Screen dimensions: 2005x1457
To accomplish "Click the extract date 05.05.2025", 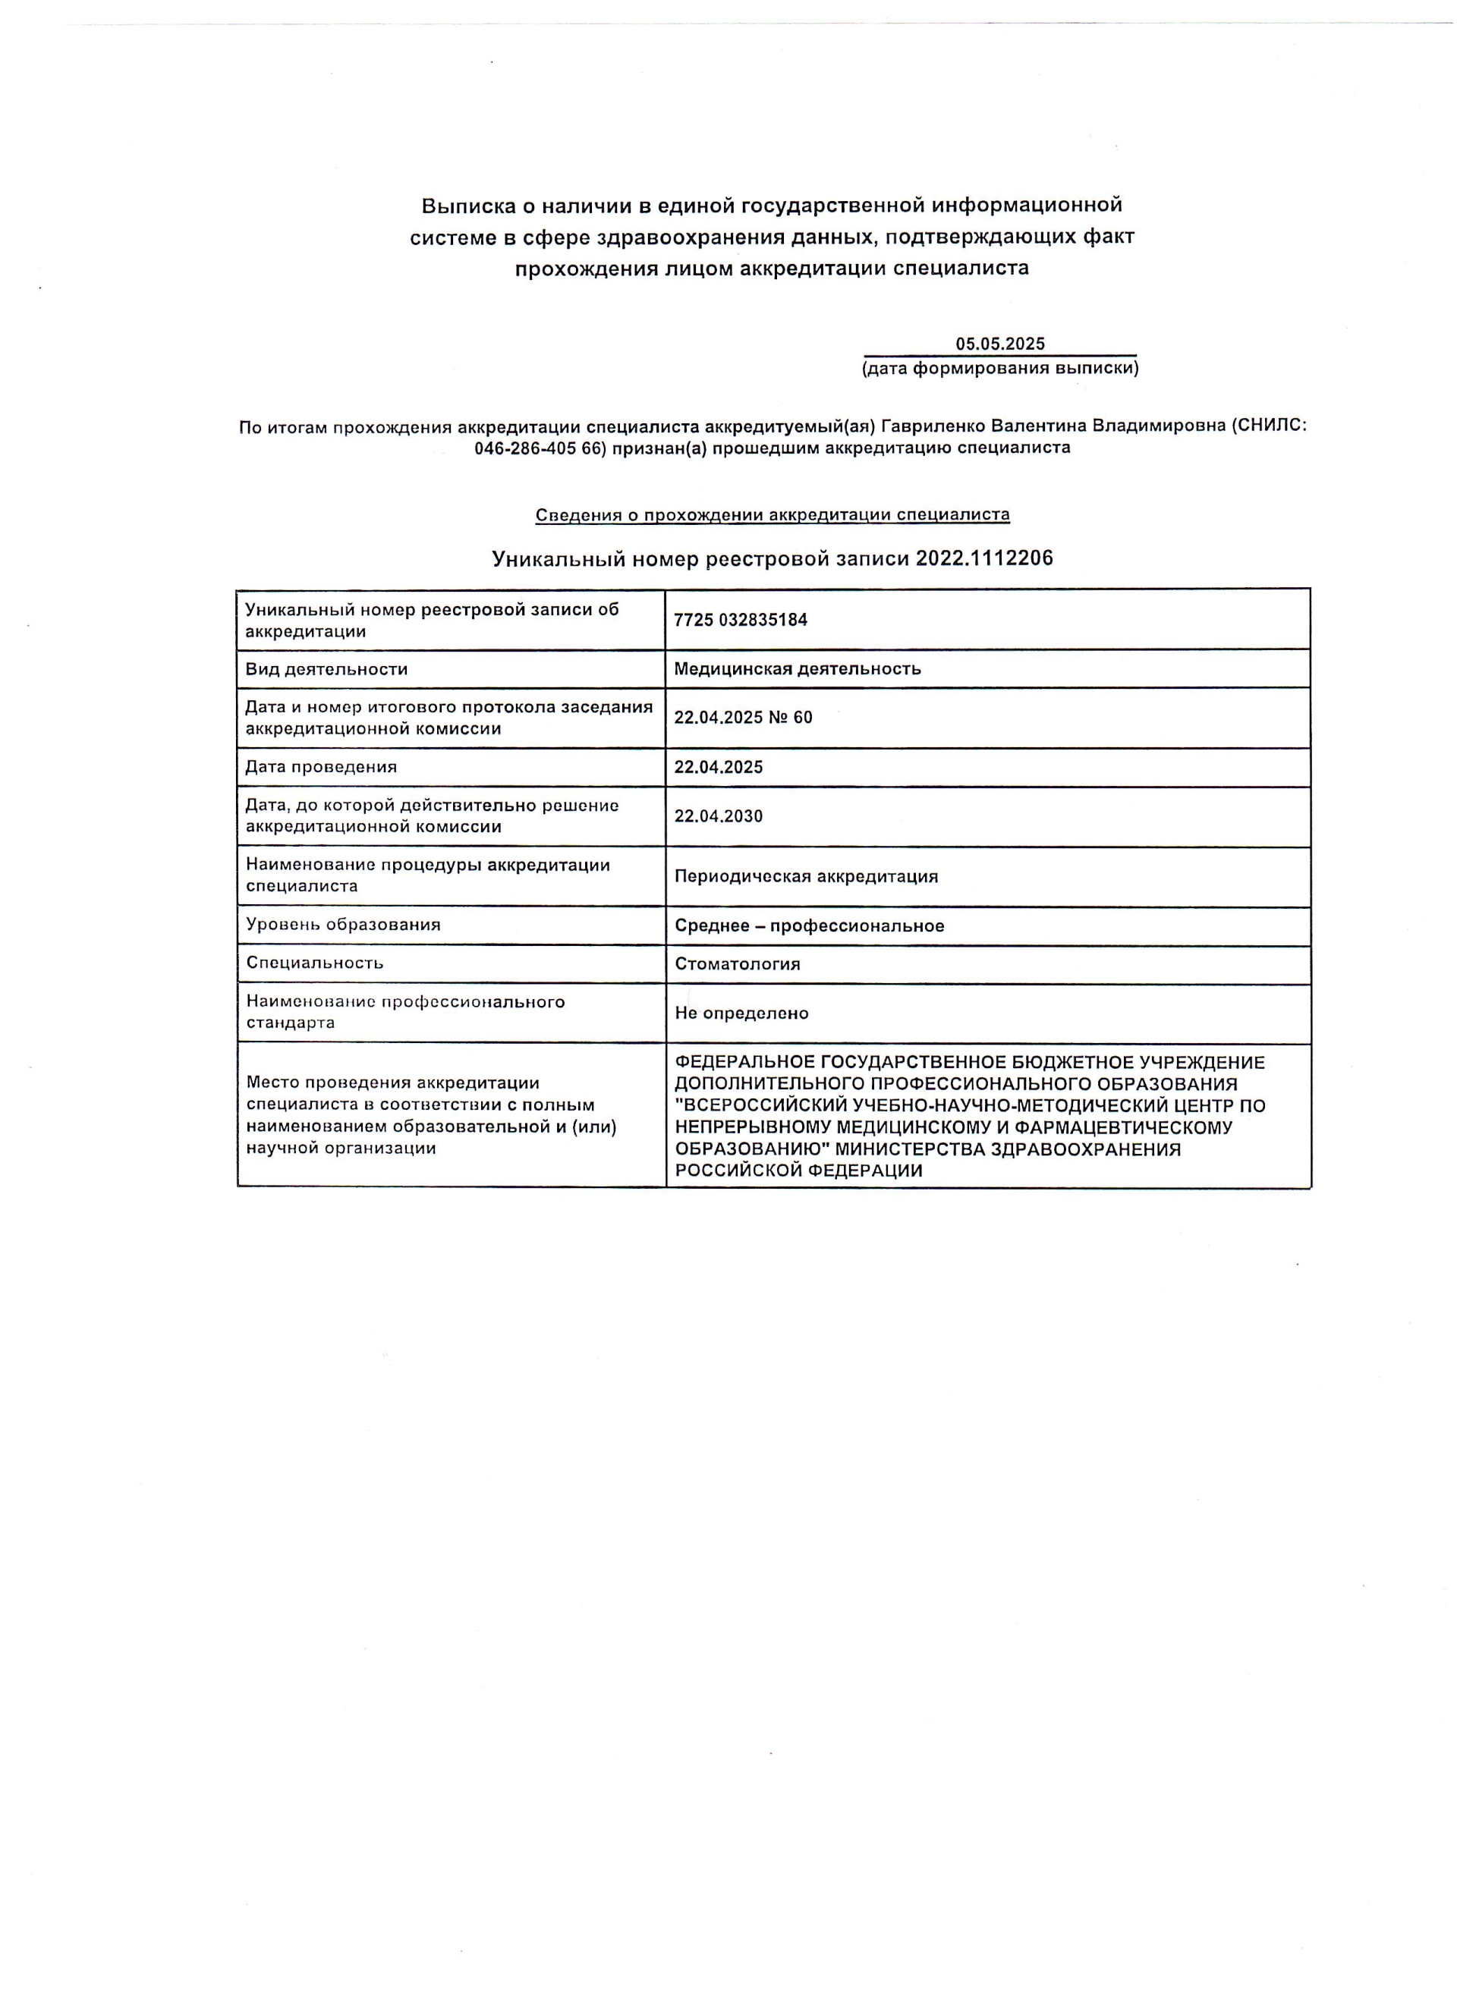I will pos(999,344).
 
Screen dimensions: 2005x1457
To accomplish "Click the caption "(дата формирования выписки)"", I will pos(1000,368).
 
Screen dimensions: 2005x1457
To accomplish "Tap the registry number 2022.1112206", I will pos(984,558).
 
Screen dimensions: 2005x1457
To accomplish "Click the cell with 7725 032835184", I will pos(740,620).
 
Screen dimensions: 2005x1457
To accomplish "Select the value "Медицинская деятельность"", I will pos(797,668).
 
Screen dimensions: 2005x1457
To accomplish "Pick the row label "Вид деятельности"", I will pos(326,669).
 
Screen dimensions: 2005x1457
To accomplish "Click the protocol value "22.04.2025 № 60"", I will pos(743,717).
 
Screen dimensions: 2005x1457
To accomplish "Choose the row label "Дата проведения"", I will pos(321,766).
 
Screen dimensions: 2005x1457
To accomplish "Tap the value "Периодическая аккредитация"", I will pos(805,876).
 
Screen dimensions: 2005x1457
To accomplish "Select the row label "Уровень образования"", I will pos(343,925).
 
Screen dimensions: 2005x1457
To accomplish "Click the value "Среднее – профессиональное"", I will pos(809,926).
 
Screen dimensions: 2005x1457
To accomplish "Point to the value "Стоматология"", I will pos(738,963).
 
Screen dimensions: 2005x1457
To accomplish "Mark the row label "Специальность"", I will pos(315,963).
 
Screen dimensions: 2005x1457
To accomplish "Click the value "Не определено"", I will pos(741,1013).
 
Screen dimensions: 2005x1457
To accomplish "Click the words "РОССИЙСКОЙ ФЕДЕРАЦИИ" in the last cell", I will pos(798,1171).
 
